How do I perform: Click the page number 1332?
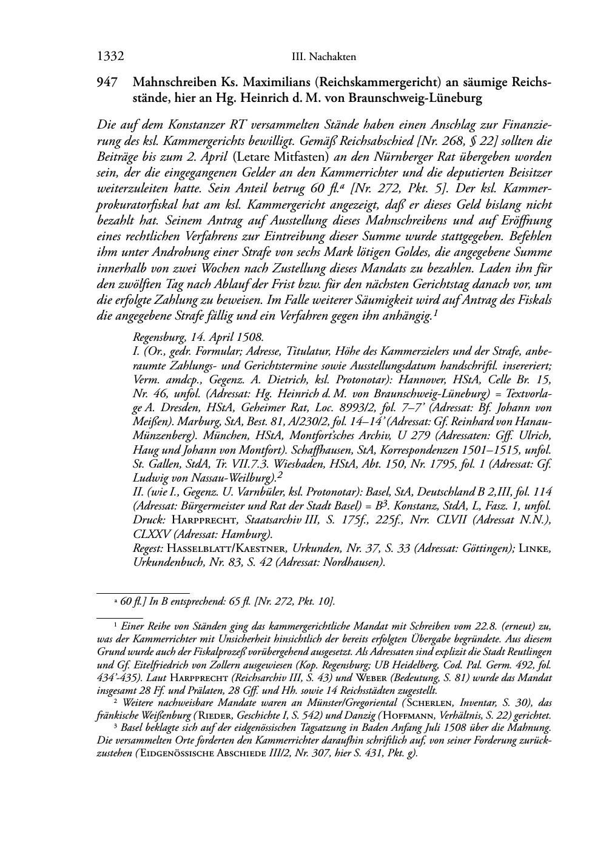pyautogui.click(x=110, y=57)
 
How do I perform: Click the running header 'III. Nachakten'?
pyautogui.click(x=323, y=57)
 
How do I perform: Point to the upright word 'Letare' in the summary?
pyautogui.click(x=252, y=156)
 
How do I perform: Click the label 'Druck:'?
pyautogui.click(x=148, y=520)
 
